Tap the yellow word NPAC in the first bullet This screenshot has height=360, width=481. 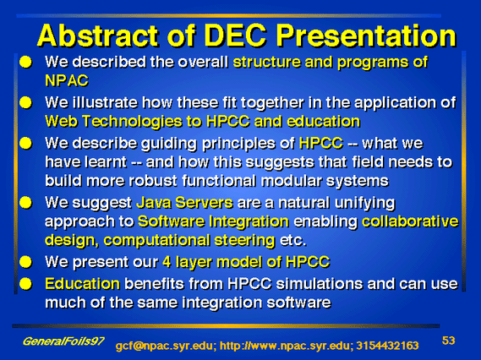(67, 80)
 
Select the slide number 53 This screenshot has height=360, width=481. (448, 341)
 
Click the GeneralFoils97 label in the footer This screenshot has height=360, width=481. (63, 341)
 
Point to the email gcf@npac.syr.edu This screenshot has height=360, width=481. (166, 346)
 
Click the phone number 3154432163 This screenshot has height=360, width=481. (387, 346)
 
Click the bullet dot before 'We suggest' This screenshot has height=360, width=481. (25, 203)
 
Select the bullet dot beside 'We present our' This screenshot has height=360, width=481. (25, 262)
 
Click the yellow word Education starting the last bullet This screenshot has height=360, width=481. (82, 284)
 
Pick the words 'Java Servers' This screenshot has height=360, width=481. (184, 203)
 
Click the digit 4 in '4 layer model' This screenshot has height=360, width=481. (167, 262)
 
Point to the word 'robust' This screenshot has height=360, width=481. (153, 181)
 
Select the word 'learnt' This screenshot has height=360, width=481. (106, 162)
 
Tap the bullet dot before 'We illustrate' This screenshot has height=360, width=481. (25, 102)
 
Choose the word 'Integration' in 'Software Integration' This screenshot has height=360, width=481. (249, 221)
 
